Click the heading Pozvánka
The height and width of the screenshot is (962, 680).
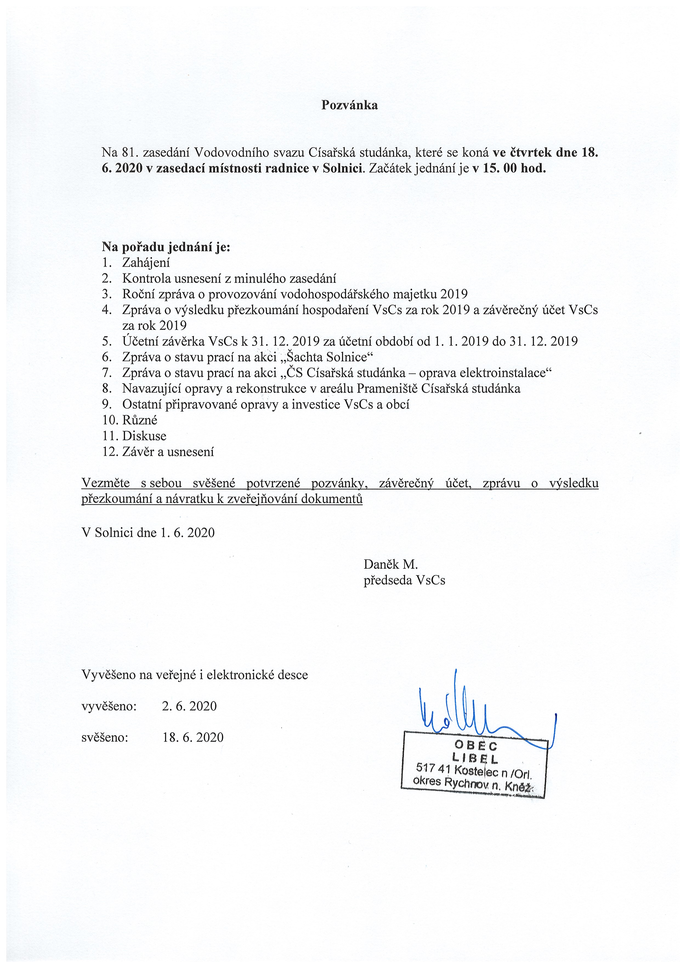click(349, 105)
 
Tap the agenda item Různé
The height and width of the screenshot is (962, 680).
click(140, 420)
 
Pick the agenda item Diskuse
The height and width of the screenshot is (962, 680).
click(144, 436)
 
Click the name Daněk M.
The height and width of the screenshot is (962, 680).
click(390, 564)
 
